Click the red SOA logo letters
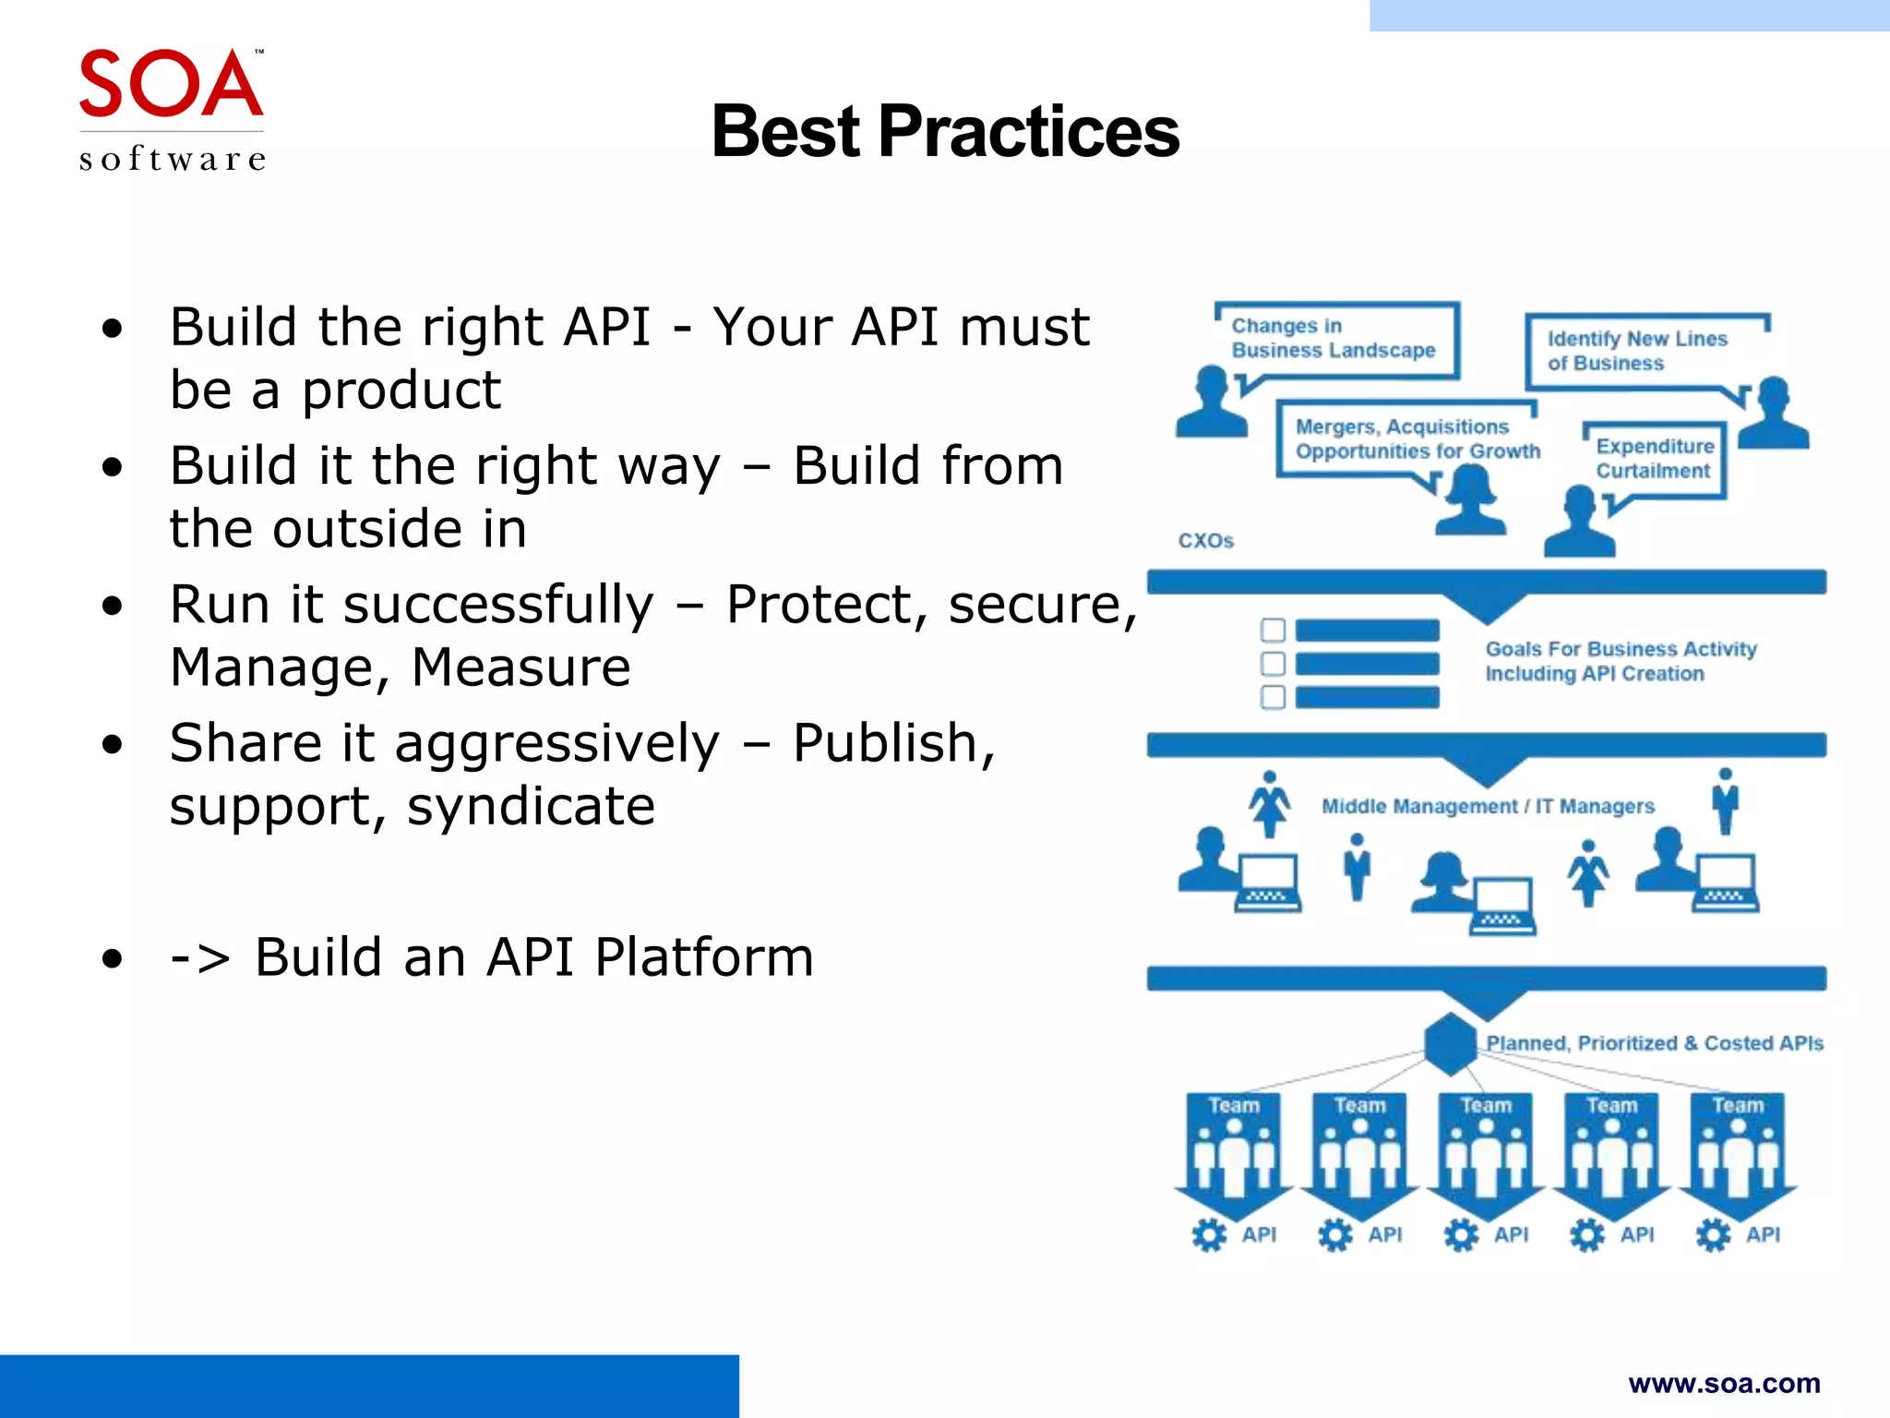coord(171,85)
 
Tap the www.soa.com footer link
coord(1724,1383)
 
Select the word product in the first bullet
coord(401,391)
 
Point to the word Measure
coord(520,667)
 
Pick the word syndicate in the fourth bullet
coord(531,807)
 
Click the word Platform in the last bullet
coord(704,957)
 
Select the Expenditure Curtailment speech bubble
coord(1655,459)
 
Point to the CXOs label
coord(1205,541)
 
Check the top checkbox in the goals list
coord(1273,631)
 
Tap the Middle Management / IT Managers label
coord(1488,807)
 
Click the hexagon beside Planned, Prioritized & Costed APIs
coord(1451,1044)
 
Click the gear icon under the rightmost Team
coord(1713,1235)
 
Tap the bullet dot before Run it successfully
coord(113,607)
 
